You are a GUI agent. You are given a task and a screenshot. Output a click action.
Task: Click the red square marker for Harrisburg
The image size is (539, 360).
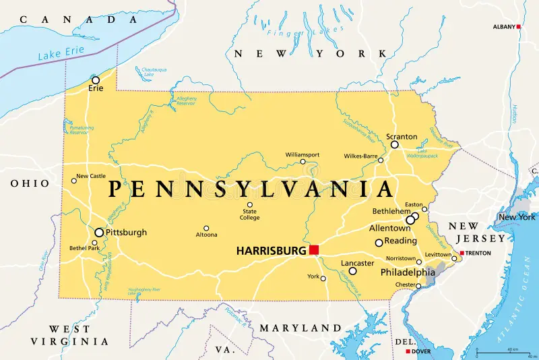314,250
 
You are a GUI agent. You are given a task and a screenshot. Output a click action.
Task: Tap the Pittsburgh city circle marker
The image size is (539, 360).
99,233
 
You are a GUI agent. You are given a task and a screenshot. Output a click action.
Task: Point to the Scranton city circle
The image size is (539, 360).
395,144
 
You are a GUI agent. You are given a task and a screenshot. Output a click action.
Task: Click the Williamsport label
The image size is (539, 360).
302,154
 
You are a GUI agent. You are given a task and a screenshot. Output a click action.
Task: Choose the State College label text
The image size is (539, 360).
249,214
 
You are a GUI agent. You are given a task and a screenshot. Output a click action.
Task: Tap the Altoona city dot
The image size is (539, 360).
206,228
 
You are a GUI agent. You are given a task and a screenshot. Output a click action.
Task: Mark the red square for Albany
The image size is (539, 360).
519,26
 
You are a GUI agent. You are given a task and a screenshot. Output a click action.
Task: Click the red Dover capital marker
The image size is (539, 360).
408,351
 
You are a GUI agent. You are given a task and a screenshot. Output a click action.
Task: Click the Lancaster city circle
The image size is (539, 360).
352,271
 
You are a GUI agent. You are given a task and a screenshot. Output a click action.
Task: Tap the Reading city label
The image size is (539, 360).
400,241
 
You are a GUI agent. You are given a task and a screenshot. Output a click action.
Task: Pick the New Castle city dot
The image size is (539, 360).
74,180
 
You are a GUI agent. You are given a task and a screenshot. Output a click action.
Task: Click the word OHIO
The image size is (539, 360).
30,183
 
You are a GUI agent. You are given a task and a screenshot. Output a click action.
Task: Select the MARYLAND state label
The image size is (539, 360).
300,328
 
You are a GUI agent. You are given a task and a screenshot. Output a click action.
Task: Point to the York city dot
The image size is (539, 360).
323,278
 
